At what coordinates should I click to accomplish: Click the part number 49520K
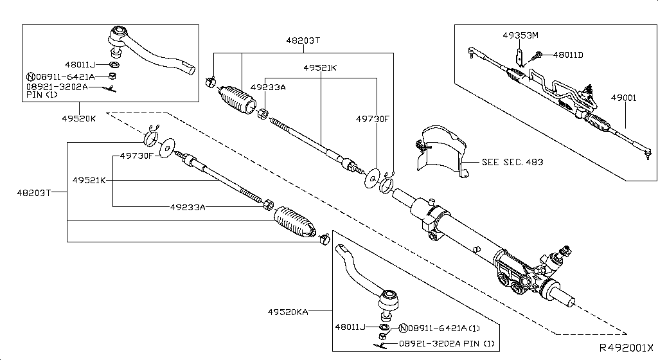pos(80,119)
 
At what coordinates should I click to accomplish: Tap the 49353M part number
pos(520,35)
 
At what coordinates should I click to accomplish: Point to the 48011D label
pos(567,55)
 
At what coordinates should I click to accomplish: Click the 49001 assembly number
pos(623,98)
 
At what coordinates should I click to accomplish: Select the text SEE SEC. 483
pos(512,162)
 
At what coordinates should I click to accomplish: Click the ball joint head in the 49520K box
pos(119,35)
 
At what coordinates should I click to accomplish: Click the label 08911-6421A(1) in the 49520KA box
pos(444,327)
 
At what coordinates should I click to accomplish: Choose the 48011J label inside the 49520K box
pos(80,64)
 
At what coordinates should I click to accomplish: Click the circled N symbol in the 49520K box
pos(30,76)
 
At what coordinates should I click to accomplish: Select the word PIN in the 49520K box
pos(34,94)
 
